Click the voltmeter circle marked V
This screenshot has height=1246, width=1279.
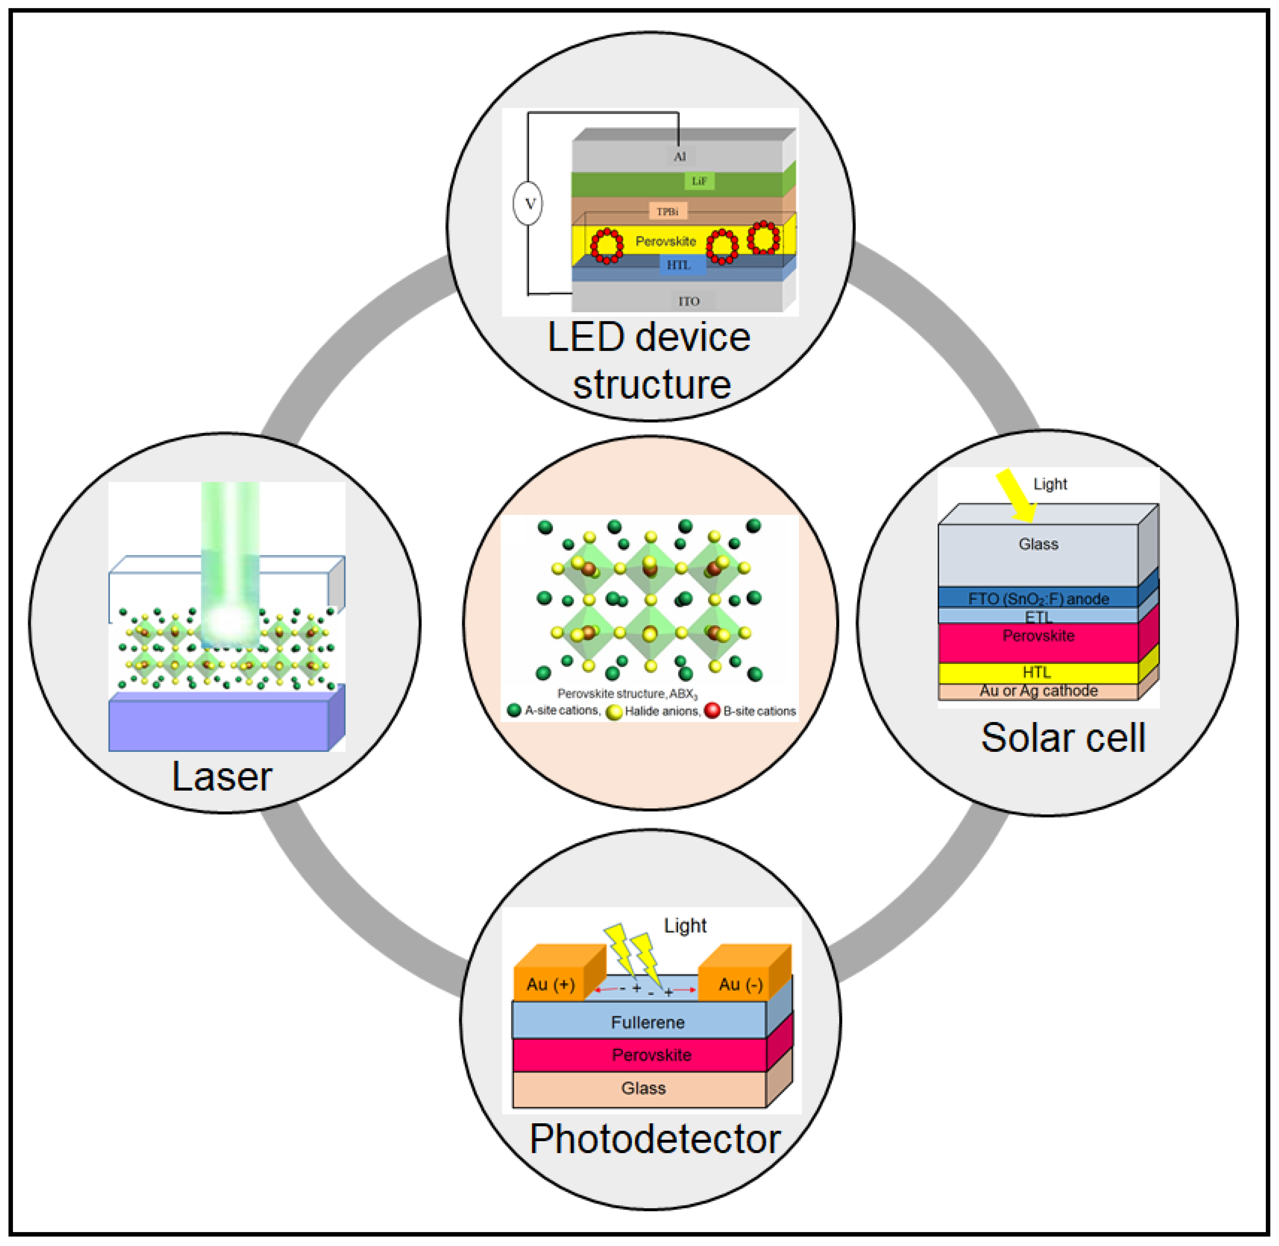coord(527,204)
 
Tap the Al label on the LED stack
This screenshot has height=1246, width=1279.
coord(680,156)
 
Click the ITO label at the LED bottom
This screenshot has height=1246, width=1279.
coord(689,301)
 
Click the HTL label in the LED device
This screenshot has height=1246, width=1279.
coord(678,265)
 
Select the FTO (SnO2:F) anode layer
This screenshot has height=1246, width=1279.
coord(1038,598)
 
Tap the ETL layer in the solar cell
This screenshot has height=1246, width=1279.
coord(1038,616)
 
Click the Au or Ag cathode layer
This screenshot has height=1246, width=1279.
coord(1038,691)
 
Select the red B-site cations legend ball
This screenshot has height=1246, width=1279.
coord(712,711)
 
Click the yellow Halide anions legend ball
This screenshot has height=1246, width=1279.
coord(614,712)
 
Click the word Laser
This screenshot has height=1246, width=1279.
coord(221,777)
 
